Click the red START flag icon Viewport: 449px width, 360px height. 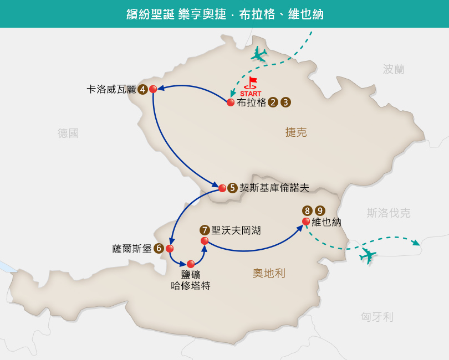tap(251, 83)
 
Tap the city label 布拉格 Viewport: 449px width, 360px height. tap(252, 102)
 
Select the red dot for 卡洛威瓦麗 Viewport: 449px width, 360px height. tap(153, 89)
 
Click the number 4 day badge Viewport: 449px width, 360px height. tap(142, 89)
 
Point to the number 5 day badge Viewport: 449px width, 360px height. tap(232, 188)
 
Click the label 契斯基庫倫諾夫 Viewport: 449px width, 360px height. tap(274, 188)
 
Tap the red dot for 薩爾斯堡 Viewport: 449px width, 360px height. tap(170, 248)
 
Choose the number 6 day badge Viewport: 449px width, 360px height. tap(159, 248)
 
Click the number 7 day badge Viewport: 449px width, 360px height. tap(205, 230)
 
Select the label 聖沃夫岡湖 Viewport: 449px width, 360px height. tap(236, 230)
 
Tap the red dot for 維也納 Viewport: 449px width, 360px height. tap(306, 222)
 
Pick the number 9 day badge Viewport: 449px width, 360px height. tap(320, 210)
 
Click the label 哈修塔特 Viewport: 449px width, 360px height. tap(191, 286)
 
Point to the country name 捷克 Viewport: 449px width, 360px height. tap(296, 132)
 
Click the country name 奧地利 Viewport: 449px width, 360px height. tap(269, 273)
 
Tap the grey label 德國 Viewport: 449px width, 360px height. tap(68, 133)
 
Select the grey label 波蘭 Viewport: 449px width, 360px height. tap(394, 69)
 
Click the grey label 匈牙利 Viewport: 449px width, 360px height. tap(377, 317)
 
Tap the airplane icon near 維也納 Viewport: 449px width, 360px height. tap(368, 255)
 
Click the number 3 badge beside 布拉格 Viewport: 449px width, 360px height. tap(285, 102)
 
